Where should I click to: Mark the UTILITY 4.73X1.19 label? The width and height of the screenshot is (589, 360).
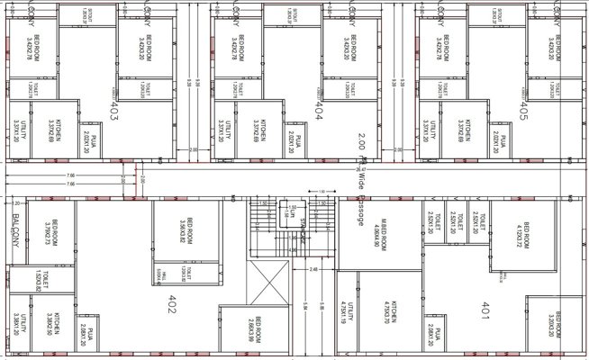point(349,319)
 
